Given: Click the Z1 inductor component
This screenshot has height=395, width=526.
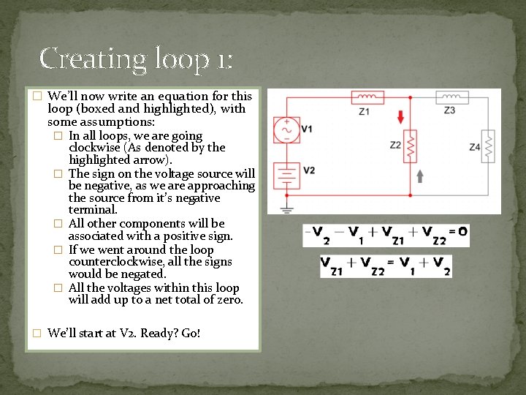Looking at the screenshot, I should (x=367, y=97).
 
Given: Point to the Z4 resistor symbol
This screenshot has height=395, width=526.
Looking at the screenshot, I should (x=489, y=148).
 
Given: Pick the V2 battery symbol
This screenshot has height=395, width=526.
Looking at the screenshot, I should (x=286, y=175).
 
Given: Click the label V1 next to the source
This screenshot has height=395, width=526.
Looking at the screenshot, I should (x=307, y=129).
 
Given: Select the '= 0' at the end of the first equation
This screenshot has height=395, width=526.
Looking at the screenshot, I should (x=458, y=233).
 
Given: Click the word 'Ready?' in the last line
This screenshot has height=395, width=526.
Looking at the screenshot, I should (x=160, y=333).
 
